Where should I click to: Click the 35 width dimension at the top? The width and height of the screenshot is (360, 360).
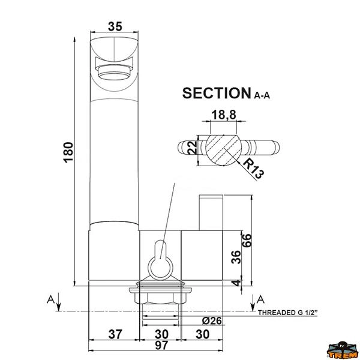115,26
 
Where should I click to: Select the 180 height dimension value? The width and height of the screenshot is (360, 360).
68,152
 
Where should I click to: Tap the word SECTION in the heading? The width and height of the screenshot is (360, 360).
217,93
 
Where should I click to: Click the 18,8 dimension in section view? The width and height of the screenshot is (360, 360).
224,115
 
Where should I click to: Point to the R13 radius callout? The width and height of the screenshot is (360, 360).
253,168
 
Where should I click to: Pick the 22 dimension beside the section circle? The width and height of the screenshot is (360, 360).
193,147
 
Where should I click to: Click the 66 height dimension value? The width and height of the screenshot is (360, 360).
247,241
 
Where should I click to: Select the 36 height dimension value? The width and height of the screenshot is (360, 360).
236,257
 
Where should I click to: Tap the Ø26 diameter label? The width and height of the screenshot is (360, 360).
212,320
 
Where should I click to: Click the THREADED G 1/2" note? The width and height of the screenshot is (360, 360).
288,313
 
